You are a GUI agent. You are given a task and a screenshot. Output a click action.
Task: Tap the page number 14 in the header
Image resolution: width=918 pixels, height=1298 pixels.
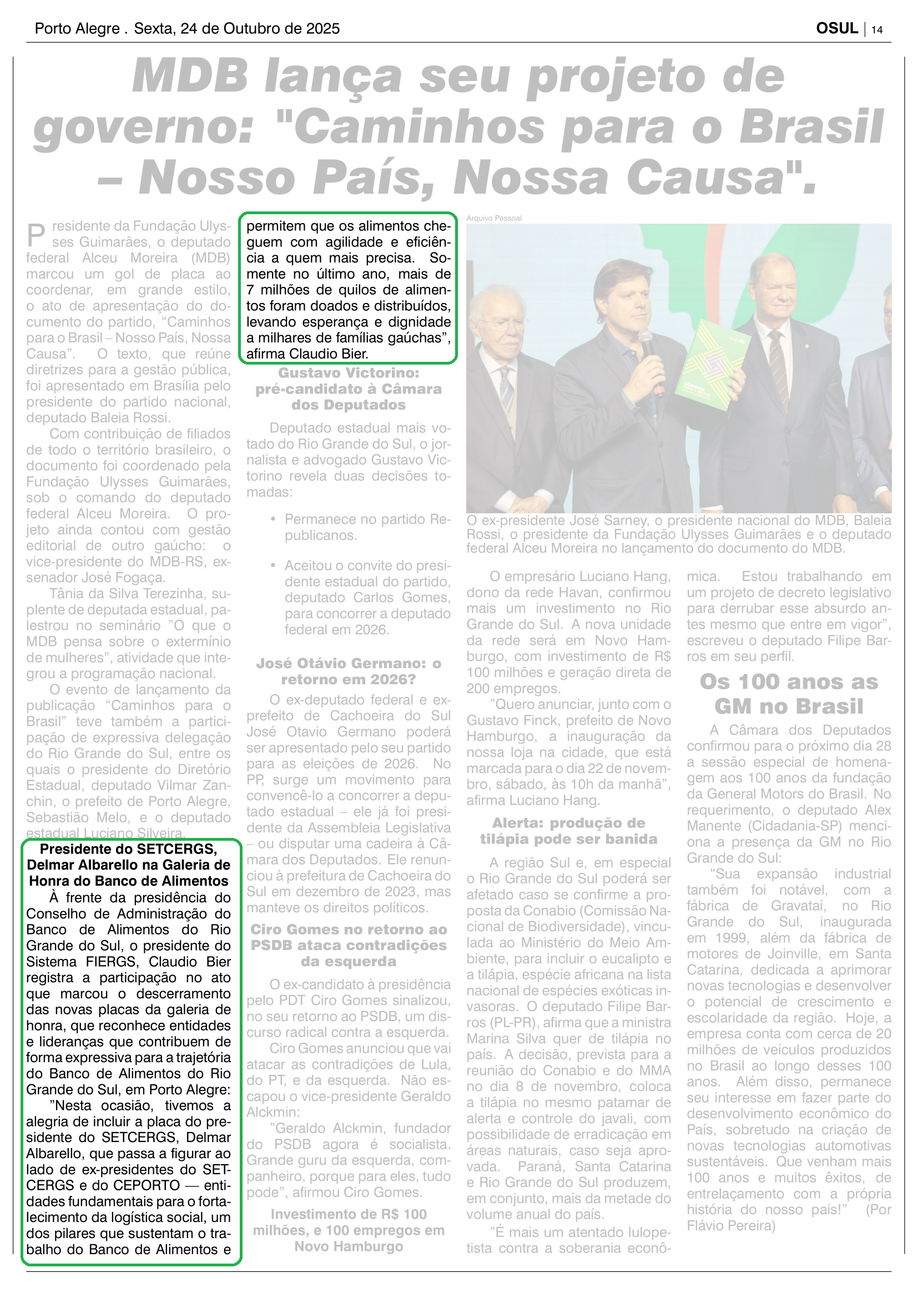pos(877,30)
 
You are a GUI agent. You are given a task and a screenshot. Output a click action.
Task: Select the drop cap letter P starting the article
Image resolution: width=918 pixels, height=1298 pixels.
pos(36,234)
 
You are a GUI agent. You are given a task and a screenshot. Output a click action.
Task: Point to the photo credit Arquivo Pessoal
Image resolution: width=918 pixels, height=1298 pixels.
pos(493,218)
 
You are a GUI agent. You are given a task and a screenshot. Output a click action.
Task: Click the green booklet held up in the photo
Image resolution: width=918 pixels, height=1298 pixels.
pos(711,365)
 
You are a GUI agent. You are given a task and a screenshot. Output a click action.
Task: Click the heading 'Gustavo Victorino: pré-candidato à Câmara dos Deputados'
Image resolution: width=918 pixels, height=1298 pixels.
pos(348,389)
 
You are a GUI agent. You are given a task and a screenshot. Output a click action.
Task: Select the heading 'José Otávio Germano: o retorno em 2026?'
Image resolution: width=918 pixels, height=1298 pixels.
pos(348,671)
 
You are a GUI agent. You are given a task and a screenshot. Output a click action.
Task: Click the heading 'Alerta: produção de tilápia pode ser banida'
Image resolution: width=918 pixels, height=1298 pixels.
pos(568,831)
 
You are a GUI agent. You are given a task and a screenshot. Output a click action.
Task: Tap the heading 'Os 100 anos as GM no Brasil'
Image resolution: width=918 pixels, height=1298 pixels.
pos(789,694)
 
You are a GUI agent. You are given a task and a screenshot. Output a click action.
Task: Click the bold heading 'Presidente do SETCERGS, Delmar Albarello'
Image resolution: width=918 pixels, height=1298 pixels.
pos(129,865)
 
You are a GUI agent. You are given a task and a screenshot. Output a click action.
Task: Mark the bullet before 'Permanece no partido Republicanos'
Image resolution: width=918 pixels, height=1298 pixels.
pos(273,519)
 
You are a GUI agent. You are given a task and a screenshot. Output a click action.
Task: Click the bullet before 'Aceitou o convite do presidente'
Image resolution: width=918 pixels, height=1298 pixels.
pos(273,565)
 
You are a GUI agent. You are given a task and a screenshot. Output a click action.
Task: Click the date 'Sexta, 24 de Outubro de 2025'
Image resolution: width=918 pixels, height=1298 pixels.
pos(237,29)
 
